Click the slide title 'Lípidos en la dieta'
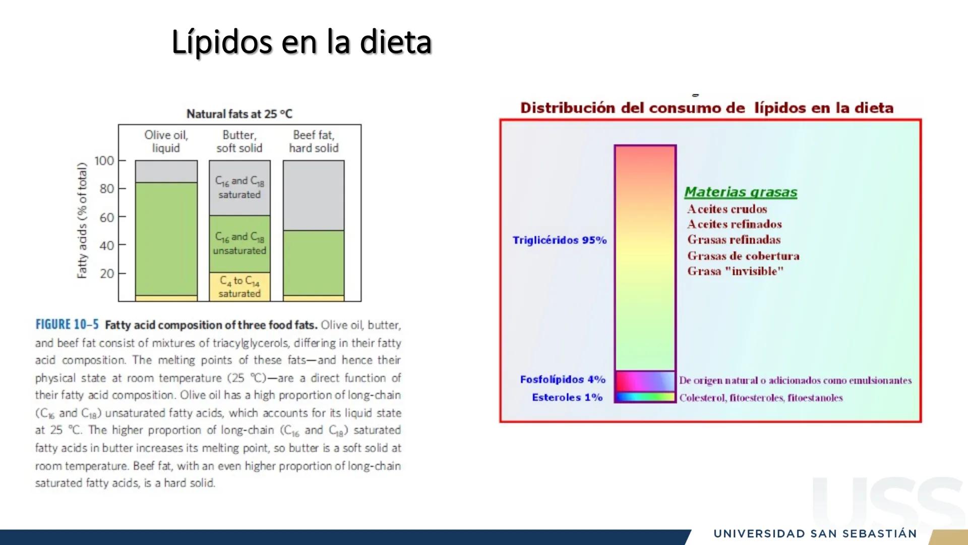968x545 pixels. click(301, 42)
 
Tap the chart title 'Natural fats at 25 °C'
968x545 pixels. click(239, 114)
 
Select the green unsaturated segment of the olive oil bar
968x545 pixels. click(166, 239)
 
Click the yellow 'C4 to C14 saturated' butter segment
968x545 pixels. click(239, 287)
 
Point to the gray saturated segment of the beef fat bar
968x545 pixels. click(314, 195)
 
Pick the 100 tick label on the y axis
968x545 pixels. click(104, 160)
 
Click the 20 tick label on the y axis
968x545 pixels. click(107, 274)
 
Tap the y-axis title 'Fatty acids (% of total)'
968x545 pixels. click(82, 220)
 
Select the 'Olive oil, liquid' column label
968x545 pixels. click(166, 141)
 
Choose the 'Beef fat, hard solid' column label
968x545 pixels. click(314, 141)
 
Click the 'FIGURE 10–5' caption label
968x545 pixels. click(67, 324)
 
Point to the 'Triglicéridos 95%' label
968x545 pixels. click(560, 240)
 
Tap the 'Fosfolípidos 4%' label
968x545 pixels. click(563, 379)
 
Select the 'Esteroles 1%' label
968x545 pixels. click(567, 397)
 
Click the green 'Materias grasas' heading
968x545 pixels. click(741, 192)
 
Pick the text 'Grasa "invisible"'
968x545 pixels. click(736, 271)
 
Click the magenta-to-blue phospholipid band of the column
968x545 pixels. click(645, 381)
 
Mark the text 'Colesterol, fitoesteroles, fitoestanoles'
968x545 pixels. click(761, 398)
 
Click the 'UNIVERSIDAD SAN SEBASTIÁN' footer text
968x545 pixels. click(815, 534)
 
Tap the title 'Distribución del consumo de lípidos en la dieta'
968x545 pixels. click(707, 108)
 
